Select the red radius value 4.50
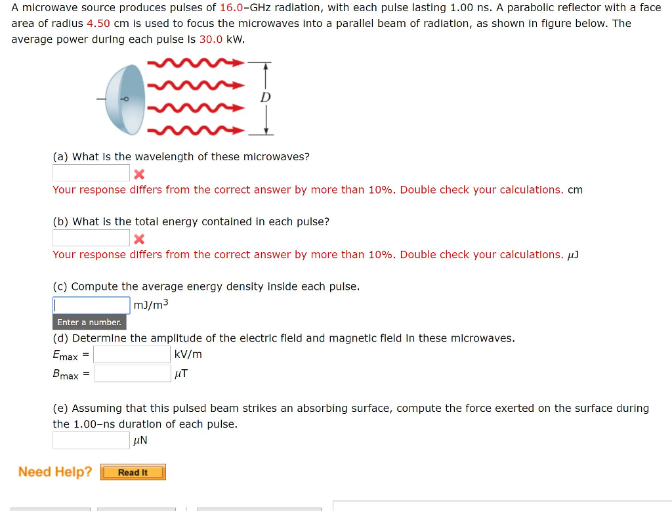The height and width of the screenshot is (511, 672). click(98, 24)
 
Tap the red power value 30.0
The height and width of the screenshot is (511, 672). click(211, 39)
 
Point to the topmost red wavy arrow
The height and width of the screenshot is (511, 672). click(196, 63)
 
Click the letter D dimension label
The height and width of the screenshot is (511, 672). click(265, 98)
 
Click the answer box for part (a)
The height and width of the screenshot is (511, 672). click(91, 173)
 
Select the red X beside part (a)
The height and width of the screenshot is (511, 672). click(138, 175)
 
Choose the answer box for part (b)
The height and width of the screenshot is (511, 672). click(91, 238)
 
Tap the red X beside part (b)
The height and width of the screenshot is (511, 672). click(138, 239)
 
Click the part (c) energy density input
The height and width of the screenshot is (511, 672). click(91, 305)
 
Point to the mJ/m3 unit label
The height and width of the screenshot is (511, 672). click(151, 305)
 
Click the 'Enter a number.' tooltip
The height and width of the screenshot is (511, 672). click(89, 322)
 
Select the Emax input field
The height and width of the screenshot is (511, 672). click(132, 355)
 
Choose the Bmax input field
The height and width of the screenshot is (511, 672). click(132, 374)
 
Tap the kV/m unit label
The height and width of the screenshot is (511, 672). click(188, 355)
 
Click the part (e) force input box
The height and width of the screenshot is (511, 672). click(91, 440)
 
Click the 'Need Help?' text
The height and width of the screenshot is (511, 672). click(55, 472)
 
